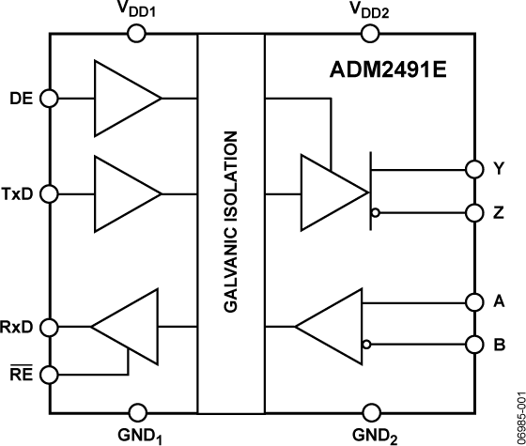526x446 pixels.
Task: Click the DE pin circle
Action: tap(50, 98)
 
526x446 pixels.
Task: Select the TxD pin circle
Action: tap(50, 193)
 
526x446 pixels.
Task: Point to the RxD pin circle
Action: tap(50, 327)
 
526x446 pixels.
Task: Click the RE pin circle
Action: tap(50, 374)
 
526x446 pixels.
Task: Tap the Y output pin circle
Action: tap(472, 169)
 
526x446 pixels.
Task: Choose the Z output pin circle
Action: tap(472, 213)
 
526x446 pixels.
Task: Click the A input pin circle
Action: tap(472, 302)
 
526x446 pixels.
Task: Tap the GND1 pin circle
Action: tap(137, 411)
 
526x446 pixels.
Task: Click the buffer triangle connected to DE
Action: tap(122, 98)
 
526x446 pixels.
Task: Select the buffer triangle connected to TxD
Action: tap(122, 193)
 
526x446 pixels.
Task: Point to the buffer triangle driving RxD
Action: tap(130, 327)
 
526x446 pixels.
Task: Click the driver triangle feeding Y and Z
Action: tap(329, 193)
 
